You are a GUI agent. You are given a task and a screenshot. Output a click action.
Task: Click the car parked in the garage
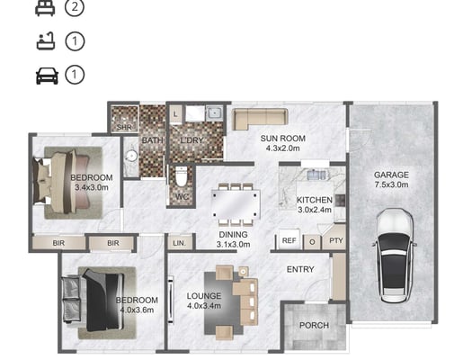[394, 256]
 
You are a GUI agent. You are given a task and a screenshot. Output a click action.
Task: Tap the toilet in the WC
[182, 176]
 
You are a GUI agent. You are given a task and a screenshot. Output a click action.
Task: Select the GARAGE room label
[391, 175]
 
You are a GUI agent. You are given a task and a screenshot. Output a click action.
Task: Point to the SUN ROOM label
[282, 139]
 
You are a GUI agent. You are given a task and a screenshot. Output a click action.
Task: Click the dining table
[236, 204]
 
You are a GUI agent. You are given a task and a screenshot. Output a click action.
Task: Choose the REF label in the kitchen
[289, 240]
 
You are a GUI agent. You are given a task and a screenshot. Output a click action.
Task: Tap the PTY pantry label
[336, 240]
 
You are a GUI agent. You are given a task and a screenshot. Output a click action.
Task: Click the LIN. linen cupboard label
[180, 243]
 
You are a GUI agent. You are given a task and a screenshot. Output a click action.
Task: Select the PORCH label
[314, 326]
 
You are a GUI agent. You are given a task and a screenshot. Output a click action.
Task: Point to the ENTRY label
[300, 269]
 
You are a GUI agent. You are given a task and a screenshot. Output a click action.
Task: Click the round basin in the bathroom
[131, 156]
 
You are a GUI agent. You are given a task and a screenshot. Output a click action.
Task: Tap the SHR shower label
[124, 127]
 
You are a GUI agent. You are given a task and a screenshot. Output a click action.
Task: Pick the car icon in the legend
[47, 76]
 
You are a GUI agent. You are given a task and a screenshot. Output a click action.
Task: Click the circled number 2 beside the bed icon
[75, 7]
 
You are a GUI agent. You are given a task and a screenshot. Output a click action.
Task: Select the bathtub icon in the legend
[46, 40]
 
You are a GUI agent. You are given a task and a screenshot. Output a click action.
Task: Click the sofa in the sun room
[260, 119]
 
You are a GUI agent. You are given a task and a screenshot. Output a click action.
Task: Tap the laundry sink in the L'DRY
[214, 113]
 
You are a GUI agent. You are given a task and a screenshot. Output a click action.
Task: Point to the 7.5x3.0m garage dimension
[391, 184]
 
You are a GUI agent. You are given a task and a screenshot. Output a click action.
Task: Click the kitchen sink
[316, 175]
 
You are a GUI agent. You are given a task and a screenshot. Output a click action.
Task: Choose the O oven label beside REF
[312, 242]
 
